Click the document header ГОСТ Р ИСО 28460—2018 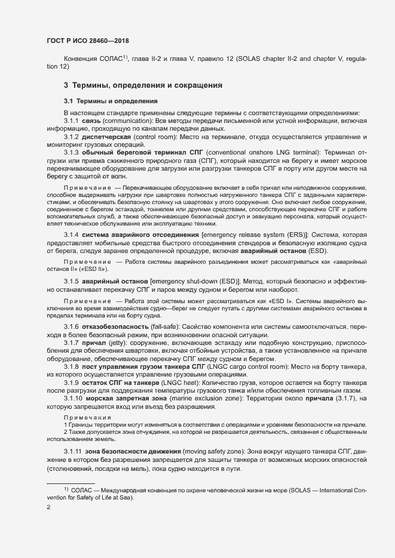pyautogui.click(x=88, y=41)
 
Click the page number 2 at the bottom pyautogui.click(x=48, y=507)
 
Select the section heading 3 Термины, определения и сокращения pyautogui.click(x=143, y=85)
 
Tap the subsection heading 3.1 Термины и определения pyautogui.click(x=111, y=101)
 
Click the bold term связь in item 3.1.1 pyautogui.click(x=93, y=121)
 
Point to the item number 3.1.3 pyautogui.click(x=71, y=152)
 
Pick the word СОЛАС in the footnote pyautogui.click(x=81, y=489)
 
